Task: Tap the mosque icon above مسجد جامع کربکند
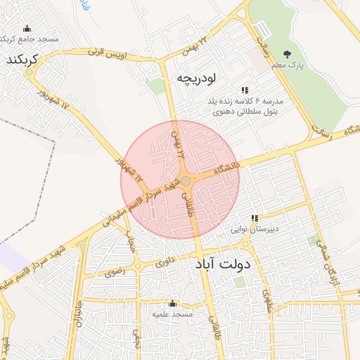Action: [x=27, y=29]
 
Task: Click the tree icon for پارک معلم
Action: [x=286, y=54]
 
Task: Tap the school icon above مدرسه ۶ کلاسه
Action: [x=245, y=90]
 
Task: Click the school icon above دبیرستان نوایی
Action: [x=255, y=218]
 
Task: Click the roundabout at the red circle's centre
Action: [x=186, y=181]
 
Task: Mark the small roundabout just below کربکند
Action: [x=29, y=72]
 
